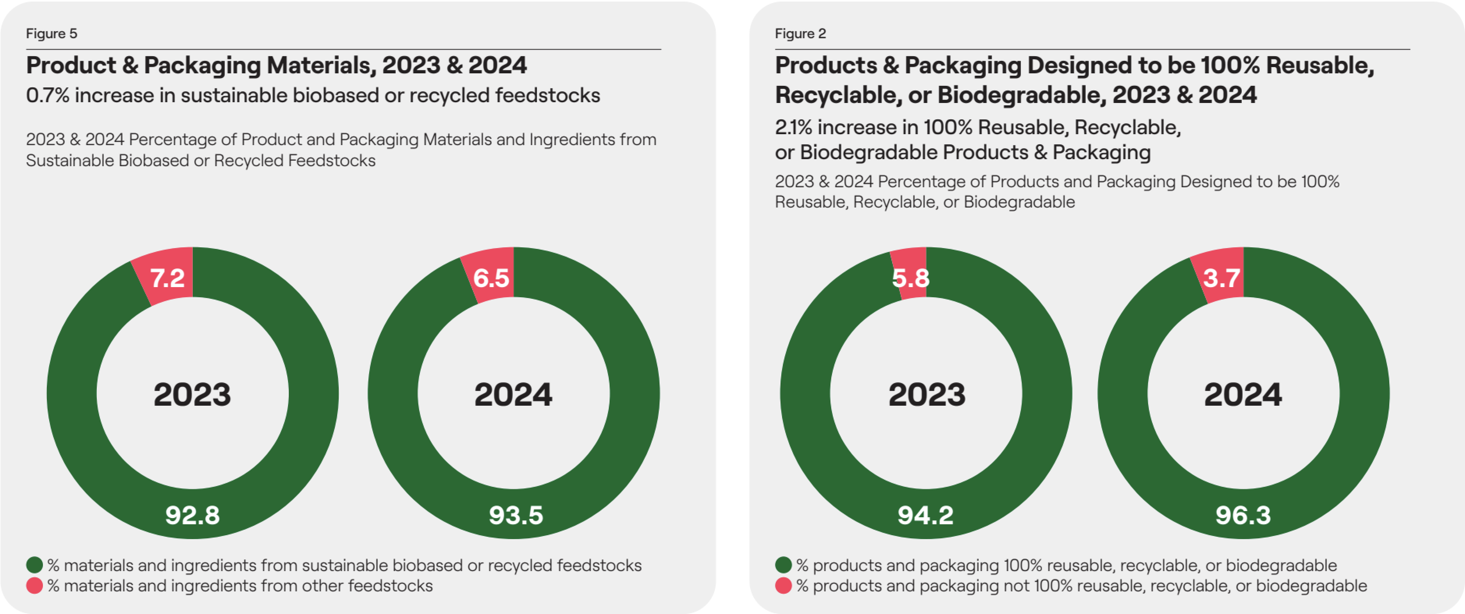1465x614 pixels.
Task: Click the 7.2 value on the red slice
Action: (x=167, y=278)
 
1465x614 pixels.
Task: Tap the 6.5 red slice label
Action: (x=491, y=278)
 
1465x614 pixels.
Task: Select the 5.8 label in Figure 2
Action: (x=910, y=278)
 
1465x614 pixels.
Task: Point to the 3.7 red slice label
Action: (x=1221, y=278)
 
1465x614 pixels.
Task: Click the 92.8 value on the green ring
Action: (x=192, y=515)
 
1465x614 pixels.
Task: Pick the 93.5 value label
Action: (x=516, y=515)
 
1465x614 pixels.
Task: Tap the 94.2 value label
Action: (x=925, y=515)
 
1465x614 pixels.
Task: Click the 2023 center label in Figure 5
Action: (x=192, y=394)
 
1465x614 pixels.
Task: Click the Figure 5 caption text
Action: (x=51, y=34)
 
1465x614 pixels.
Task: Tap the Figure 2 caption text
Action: (x=800, y=34)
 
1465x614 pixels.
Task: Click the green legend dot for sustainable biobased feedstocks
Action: (x=35, y=565)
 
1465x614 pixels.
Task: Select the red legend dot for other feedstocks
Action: (x=35, y=586)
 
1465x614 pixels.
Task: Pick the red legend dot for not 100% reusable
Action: (x=784, y=586)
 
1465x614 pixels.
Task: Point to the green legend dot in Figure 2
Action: (x=784, y=565)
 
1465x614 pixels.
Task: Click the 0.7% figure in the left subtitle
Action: (x=47, y=96)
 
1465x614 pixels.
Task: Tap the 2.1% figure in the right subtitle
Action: (x=793, y=127)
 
